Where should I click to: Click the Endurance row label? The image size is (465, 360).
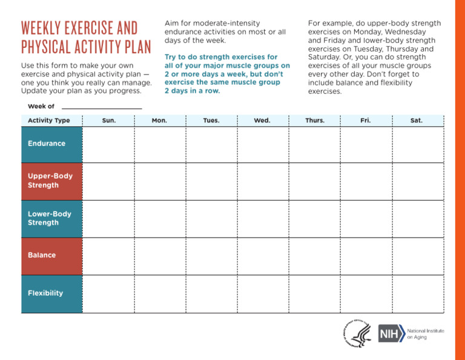tap(47, 144)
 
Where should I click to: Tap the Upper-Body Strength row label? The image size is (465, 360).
tap(50, 181)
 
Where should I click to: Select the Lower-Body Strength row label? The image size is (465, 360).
tap(50, 218)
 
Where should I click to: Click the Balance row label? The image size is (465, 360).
tap(42, 255)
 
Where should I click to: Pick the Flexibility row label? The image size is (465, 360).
tap(45, 293)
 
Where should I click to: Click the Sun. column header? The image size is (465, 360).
tap(109, 121)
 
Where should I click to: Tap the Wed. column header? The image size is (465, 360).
tap(262, 121)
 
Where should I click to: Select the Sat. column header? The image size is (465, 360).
tap(417, 121)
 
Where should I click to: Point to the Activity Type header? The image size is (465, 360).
tap(49, 121)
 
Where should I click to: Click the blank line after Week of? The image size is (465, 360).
tap(102, 107)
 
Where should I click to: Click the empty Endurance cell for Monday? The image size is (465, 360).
tap(160, 144)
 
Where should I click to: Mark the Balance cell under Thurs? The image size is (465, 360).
tap(314, 256)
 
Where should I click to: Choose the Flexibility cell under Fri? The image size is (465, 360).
tap(366, 293)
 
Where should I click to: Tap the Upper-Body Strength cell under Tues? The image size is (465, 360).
tap(211, 181)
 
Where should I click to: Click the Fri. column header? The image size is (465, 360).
tap(366, 121)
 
